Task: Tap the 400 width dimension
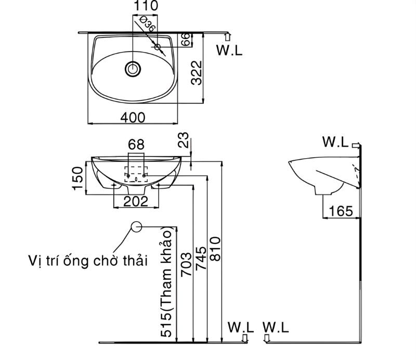[133, 118]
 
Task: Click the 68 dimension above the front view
[136, 144]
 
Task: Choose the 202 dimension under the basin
[136, 201]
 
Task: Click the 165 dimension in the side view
[341, 211]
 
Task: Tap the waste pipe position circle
[136, 227]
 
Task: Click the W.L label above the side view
[335, 142]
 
